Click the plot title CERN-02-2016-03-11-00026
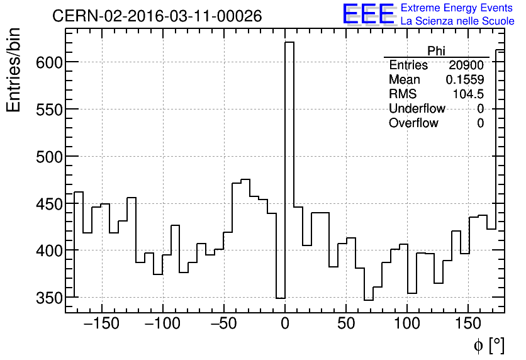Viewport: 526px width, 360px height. point(157,16)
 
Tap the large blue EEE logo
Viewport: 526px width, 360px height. point(368,14)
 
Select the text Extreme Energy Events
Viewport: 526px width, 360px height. point(457,8)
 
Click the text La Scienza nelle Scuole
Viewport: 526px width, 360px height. point(457,21)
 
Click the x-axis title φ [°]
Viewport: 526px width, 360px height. point(489,345)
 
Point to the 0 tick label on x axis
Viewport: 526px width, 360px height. point(285,325)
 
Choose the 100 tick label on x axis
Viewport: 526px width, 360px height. point(407,325)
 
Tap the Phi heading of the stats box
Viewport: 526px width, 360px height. point(437,51)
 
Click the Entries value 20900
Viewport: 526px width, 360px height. point(466,65)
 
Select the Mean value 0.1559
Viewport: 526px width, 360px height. point(464,80)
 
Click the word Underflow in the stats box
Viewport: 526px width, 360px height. point(417,109)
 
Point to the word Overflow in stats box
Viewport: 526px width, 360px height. point(413,123)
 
